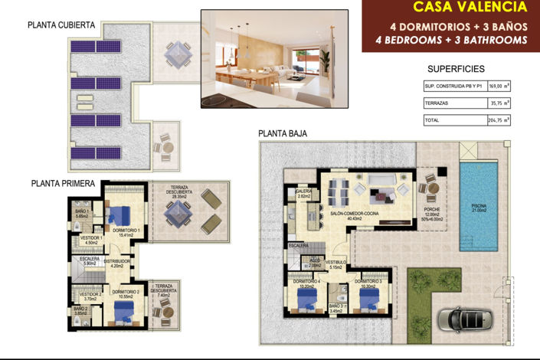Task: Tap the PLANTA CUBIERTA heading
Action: click(x=61, y=25)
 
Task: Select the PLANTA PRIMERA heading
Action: click(x=63, y=183)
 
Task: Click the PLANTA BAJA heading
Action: click(x=283, y=133)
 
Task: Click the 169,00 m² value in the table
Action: click(x=499, y=87)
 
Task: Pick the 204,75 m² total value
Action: click(x=499, y=120)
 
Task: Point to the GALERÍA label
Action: click(x=304, y=194)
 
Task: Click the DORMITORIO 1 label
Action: click(x=125, y=231)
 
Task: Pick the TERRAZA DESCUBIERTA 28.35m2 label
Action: click(x=181, y=192)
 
